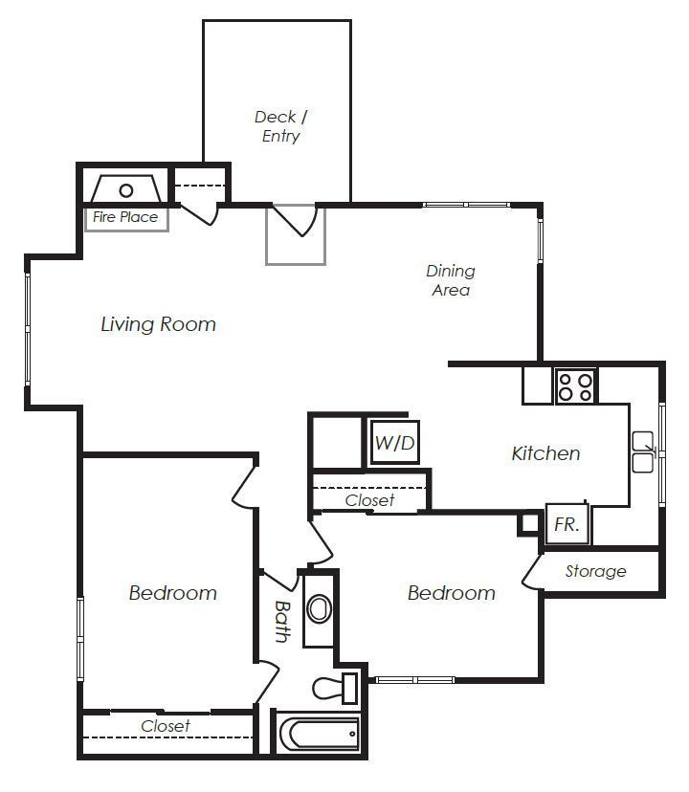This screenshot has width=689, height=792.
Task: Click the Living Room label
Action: (x=158, y=324)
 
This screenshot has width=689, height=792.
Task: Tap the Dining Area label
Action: (x=451, y=280)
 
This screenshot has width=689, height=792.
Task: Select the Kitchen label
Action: (x=545, y=453)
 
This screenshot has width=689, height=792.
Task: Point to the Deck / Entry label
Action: (x=280, y=126)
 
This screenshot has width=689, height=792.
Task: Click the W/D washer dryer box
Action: (x=395, y=443)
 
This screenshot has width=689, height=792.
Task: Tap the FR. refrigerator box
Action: (x=567, y=524)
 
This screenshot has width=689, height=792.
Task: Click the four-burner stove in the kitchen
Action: (x=576, y=386)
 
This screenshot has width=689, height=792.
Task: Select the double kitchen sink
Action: (x=642, y=451)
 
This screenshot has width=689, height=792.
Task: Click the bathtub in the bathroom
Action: (x=319, y=734)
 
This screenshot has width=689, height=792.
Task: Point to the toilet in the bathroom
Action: (x=335, y=688)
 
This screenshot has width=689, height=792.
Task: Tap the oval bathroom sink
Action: (x=319, y=609)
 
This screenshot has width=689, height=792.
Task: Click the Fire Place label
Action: (x=125, y=217)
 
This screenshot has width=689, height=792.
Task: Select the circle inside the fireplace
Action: (x=126, y=190)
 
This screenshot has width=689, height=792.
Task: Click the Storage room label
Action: (x=595, y=571)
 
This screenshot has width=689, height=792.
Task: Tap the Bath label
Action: (x=282, y=621)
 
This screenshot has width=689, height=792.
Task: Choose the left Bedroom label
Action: (x=173, y=592)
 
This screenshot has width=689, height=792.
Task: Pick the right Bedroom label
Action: (x=452, y=592)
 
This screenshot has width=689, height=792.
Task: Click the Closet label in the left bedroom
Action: (x=166, y=726)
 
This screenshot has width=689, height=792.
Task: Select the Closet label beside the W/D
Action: (x=369, y=500)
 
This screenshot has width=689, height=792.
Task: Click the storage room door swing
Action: (x=530, y=571)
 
